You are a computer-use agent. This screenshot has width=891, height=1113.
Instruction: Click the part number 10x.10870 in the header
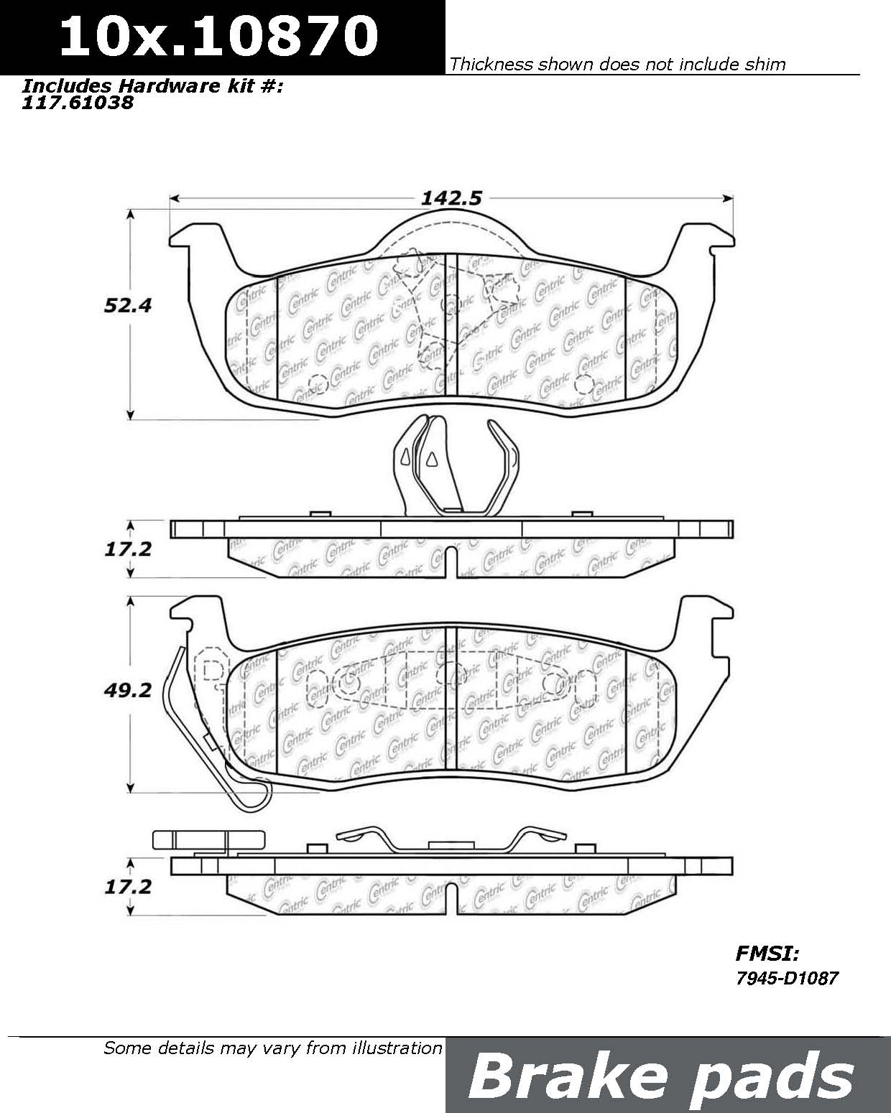(218, 35)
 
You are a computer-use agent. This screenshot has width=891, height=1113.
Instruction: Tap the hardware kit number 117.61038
(78, 103)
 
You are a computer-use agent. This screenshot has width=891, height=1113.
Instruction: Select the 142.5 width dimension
(451, 198)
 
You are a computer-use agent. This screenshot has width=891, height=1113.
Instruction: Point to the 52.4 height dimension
(128, 305)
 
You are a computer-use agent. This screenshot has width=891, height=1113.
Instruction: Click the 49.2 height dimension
(128, 690)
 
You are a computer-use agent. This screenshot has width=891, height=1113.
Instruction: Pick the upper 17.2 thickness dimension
(128, 549)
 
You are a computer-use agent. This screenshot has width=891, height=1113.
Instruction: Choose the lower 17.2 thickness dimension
(128, 887)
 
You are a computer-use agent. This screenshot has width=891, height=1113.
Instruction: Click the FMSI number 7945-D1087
(786, 977)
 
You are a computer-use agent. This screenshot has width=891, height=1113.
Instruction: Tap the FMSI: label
(767, 953)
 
